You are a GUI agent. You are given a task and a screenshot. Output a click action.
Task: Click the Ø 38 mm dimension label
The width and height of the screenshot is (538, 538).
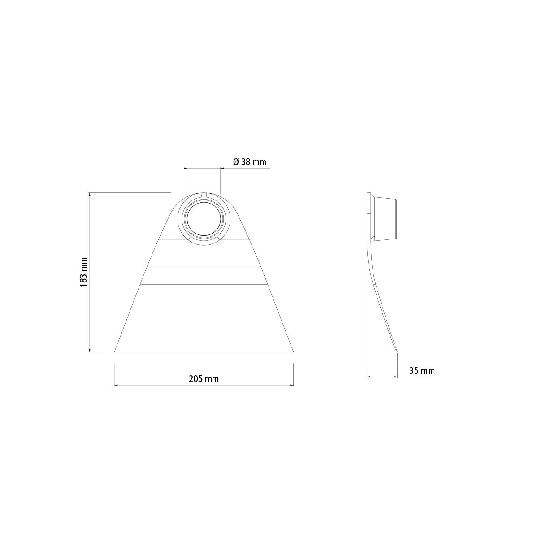pyautogui.click(x=250, y=162)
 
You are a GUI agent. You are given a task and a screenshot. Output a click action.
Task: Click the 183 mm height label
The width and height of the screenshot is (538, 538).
pyautogui.click(x=84, y=272)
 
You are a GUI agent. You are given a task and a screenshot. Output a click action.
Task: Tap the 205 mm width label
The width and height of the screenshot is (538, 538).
pyautogui.click(x=204, y=379)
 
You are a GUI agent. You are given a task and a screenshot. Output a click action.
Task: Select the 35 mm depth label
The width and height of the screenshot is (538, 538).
pyautogui.click(x=422, y=371)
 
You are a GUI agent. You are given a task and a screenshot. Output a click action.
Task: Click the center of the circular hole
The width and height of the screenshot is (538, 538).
pyautogui.click(x=204, y=219)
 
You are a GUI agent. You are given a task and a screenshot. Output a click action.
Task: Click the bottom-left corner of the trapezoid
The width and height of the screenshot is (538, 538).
pyautogui.click(x=114, y=352)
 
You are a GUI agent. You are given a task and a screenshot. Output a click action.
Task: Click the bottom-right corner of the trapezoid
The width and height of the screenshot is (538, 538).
pyautogui.click(x=293, y=352)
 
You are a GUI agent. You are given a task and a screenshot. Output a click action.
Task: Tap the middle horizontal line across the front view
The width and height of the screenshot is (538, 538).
pyautogui.click(x=204, y=266)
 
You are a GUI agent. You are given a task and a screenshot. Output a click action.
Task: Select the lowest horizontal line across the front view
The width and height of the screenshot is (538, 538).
pyautogui.click(x=204, y=285)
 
